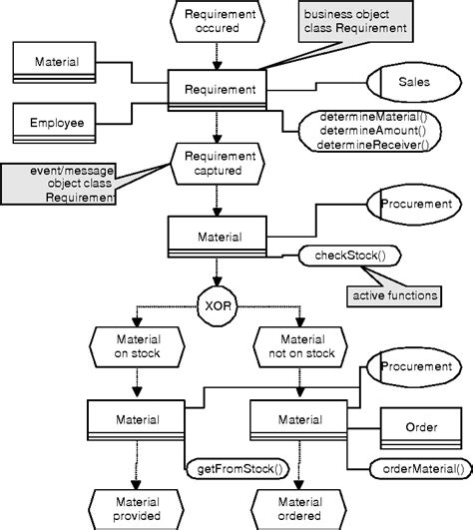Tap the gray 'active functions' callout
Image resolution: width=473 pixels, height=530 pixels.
(393, 296)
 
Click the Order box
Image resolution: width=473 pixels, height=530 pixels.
(421, 428)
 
